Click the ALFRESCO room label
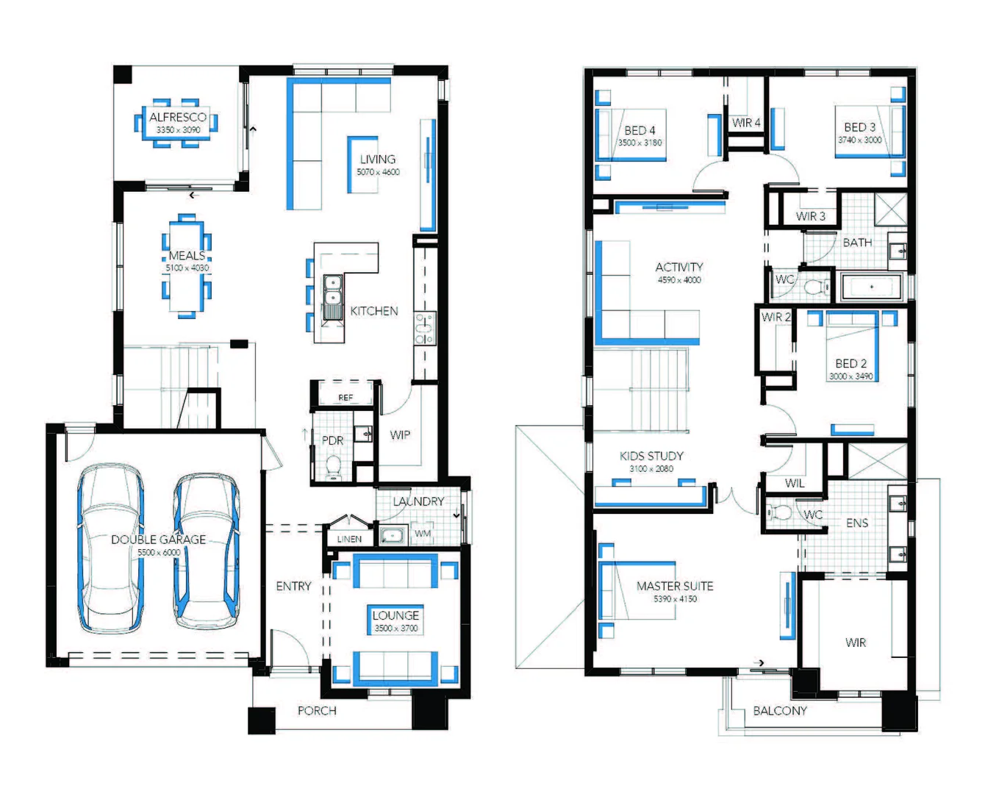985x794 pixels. click(178, 117)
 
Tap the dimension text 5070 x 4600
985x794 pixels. click(378, 172)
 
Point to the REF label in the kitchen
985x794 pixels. click(345, 398)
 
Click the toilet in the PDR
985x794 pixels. click(334, 466)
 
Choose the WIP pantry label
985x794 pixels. click(400, 434)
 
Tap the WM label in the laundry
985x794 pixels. click(423, 533)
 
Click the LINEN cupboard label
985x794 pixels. click(349, 539)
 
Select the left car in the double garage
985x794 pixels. click(111, 548)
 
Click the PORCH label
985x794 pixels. click(317, 711)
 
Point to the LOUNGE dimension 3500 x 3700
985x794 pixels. click(396, 629)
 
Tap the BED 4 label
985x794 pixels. click(640, 130)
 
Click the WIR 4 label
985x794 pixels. click(746, 123)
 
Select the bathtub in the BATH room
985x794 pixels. click(872, 287)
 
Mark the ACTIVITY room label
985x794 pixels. click(679, 267)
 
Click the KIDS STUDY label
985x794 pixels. click(651, 456)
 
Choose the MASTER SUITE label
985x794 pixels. click(675, 586)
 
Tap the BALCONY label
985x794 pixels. click(780, 711)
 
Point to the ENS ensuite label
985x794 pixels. click(857, 523)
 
